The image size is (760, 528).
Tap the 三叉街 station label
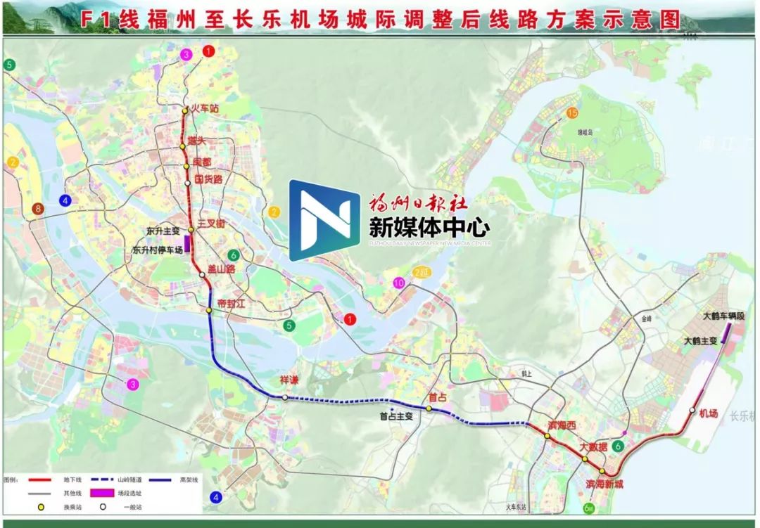coord(210,223)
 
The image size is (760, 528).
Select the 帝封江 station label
coord(232,304)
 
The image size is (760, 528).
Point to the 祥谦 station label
coord(289,380)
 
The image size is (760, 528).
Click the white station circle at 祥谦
coord(284,398)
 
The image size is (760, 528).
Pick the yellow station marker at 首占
coord(429,408)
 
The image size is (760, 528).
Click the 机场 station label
coord(709,413)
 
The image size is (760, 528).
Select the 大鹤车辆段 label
coord(723,317)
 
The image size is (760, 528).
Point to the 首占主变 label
coord(395,416)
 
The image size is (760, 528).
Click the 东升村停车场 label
coord(157,250)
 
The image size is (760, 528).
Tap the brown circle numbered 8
coord(37,209)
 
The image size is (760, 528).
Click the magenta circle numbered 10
coord(400,283)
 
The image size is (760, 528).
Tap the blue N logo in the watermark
coord(324,220)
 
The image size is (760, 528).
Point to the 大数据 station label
coord(593,447)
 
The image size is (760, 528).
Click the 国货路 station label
coord(208,179)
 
